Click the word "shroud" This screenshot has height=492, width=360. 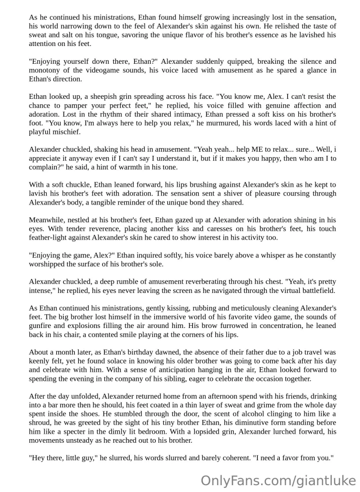(41, 422)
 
